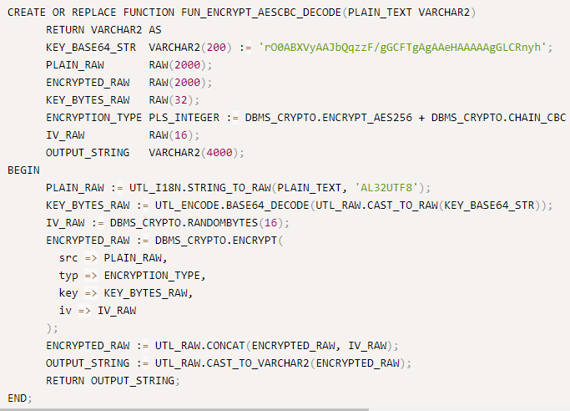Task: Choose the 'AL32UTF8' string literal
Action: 388,187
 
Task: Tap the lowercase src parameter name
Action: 68,257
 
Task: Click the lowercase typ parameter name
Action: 68,275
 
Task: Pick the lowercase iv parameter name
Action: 64,310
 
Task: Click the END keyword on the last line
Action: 17,398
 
